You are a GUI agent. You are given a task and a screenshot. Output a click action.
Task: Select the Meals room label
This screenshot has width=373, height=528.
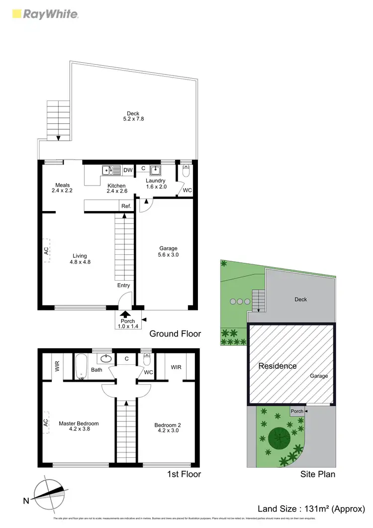pos(63,185)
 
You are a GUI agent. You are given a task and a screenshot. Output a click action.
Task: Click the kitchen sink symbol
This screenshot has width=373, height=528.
pos(112,171)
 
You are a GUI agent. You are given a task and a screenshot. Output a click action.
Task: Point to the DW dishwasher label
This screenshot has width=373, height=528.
pos(128,170)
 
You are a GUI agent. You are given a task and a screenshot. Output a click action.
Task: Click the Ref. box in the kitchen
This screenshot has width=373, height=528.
pos(125,206)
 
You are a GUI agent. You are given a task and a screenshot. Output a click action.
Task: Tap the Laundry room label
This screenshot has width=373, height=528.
pos(156,181)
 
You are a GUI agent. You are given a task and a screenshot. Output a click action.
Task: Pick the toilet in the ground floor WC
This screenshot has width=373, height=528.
pos(186,171)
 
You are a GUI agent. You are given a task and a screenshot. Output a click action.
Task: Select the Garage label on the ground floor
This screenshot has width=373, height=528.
pos(168,248)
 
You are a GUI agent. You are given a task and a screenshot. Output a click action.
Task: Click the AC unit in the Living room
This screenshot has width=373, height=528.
pos(47,252)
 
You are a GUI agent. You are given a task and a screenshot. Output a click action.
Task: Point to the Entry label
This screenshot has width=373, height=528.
pos(123,285)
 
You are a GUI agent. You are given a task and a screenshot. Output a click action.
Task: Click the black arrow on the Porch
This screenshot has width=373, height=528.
pos(124,314)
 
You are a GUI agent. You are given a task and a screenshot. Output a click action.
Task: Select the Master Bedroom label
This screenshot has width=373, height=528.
pos(79,423)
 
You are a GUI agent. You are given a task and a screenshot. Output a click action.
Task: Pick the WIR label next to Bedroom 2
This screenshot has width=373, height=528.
pos(176,367)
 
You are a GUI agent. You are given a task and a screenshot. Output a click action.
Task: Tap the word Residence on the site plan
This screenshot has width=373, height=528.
pos(278,366)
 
